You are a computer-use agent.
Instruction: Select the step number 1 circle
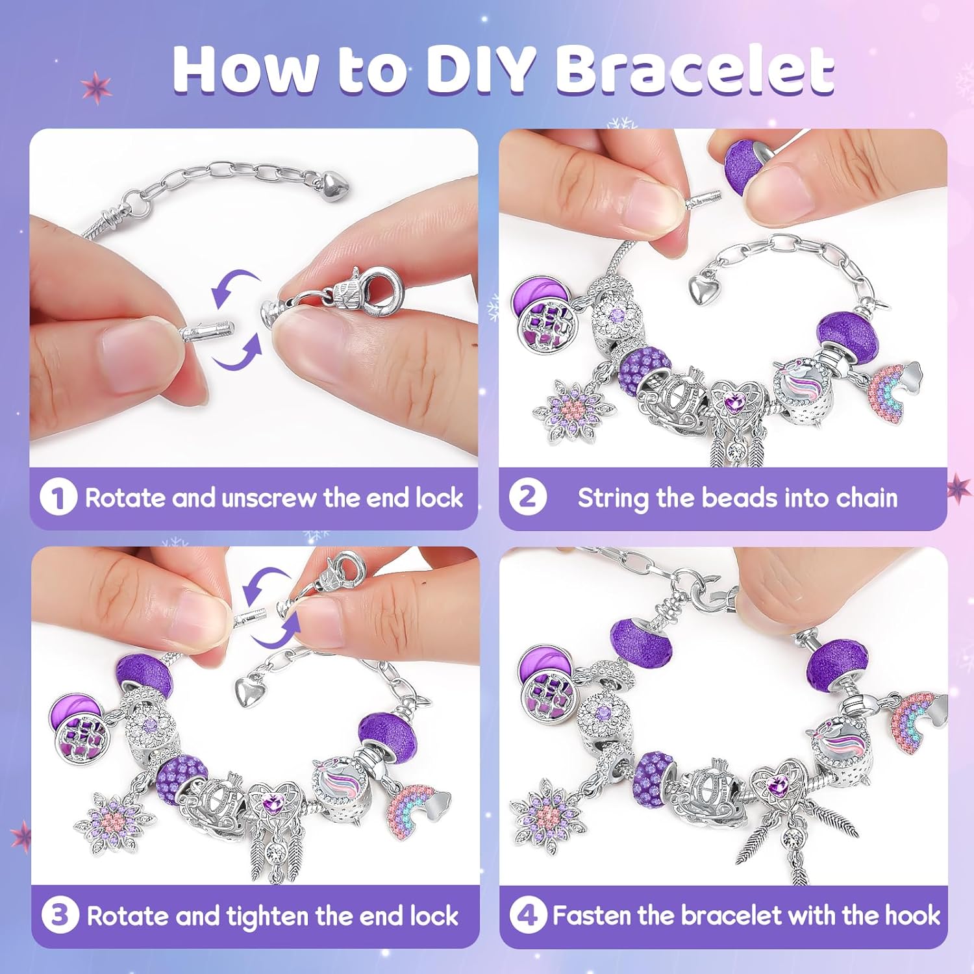pyautogui.click(x=58, y=497)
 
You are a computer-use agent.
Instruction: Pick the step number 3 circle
pyautogui.click(x=60, y=915)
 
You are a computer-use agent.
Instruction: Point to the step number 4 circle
pyautogui.click(x=528, y=915)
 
